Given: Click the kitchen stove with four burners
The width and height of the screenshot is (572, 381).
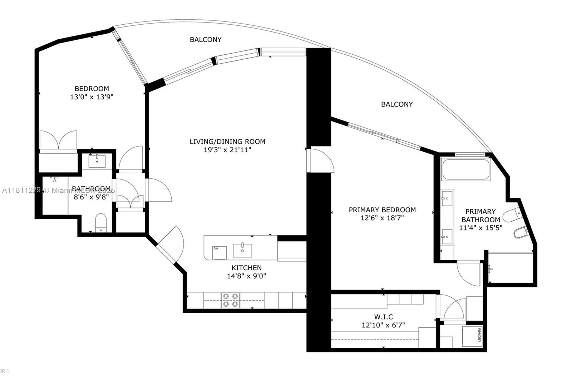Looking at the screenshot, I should (x=231, y=300).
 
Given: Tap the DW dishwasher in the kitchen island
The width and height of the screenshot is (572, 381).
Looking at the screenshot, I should (x=219, y=253).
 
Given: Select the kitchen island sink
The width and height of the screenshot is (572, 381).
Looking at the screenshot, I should (x=242, y=250).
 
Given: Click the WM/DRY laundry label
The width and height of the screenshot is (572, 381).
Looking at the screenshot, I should (x=479, y=335).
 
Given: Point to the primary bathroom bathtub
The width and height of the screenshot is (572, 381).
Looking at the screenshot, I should (x=465, y=169).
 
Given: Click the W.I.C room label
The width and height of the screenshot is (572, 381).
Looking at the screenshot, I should (x=383, y=317).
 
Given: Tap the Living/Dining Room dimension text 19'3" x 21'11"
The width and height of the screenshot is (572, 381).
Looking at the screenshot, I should (x=227, y=150).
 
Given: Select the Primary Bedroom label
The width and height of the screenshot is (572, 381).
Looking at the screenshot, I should (x=382, y=210).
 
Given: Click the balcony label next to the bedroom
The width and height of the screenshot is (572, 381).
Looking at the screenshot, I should (x=206, y=40).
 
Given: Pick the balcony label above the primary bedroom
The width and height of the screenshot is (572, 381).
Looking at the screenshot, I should (x=397, y=104).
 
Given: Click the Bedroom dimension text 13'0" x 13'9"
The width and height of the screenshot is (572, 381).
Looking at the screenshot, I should (x=92, y=97).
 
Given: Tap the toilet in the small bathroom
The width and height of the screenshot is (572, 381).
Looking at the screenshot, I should (x=101, y=223).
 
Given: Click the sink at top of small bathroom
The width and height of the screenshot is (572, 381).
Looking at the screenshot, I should (x=97, y=161).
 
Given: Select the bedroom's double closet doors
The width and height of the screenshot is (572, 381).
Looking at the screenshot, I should (x=58, y=141).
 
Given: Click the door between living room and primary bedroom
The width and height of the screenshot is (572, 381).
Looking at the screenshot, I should (x=321, y=161).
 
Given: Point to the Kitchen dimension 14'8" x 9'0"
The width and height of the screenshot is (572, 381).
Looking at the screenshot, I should (x=247, y=276).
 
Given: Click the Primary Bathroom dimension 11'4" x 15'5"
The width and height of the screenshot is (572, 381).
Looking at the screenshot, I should (x=481, y=228).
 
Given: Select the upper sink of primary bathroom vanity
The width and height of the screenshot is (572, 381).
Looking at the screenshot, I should (x=447, y=198).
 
